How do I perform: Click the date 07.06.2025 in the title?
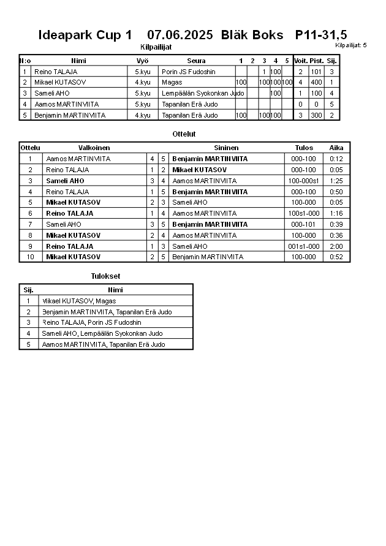click(180, 35)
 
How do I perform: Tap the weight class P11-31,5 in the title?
click(321, 35)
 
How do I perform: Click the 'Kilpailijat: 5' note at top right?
click(351, 45)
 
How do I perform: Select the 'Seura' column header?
click(196, 61)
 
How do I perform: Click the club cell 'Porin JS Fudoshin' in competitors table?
click(189, 72)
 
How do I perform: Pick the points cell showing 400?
click(316, 82)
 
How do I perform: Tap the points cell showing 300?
click(316, 115)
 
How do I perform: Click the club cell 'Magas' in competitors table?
click(172, 82)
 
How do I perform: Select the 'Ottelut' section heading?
click(184, 134)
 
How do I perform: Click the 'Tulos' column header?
click(304, 148)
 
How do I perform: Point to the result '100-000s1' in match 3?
click(304, 181)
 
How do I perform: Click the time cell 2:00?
click(336, 246)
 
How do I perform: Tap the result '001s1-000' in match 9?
click(304, 246)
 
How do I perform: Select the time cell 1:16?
click(336, 213)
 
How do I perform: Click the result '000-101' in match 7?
click(304, 224)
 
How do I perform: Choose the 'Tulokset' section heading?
click(105, 276)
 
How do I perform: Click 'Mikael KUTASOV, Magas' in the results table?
click(78, 301)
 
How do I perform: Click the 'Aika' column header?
click(336, 148)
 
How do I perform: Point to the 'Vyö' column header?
click(143, 61)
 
